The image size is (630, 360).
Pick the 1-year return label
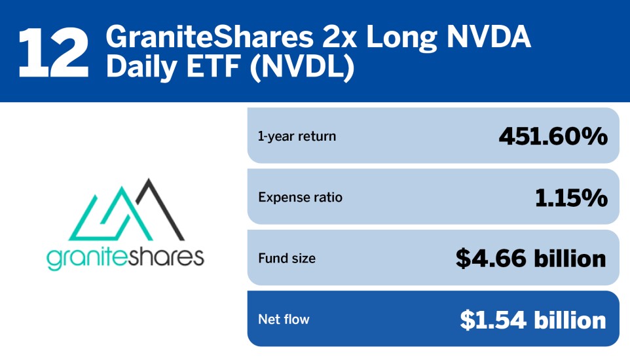point(297,136)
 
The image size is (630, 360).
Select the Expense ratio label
point(300,197)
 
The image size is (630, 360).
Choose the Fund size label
point(286,258)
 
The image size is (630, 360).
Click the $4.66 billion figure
point(531,258)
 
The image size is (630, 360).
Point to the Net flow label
point(284,319)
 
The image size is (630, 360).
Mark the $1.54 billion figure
point(533,319)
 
